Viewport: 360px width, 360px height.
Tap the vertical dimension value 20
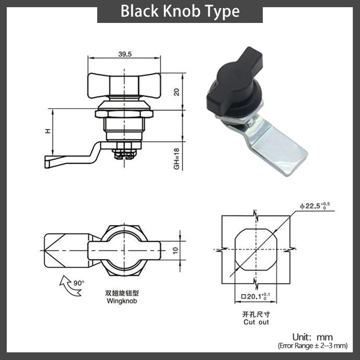[x=176, y=91]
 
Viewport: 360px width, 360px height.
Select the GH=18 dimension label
[x=176, y=159]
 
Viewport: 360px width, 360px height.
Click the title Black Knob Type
[x=180, y=11]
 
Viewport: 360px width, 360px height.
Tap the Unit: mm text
[x=312, y=337]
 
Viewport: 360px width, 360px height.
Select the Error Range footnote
[x=312, y=346]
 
